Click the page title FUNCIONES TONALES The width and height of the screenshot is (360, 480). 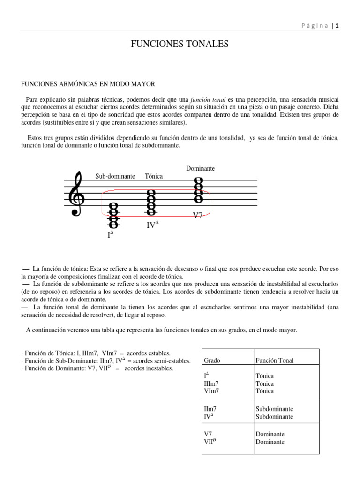(x=180, y=45)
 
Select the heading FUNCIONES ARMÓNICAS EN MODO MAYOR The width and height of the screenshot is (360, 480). (x=88, y=84)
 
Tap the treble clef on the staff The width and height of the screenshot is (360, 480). (x=77, y=194)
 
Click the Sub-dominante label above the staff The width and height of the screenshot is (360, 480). (x=115, y=176)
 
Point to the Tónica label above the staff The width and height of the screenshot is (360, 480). (x=154, y=176)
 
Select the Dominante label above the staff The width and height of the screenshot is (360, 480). (x=200, y=168)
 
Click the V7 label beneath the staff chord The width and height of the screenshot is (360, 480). (x=198, y=216)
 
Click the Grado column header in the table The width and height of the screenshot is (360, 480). (x=212, y=360)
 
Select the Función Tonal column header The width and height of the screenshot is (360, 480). (x=275, y=360)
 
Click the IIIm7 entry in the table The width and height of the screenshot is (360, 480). (x=211, y=383)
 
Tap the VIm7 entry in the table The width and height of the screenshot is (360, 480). (x=211, y=391)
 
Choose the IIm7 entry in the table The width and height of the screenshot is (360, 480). (x=210, y=409)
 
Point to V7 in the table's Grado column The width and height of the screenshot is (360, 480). (x=208, y=434)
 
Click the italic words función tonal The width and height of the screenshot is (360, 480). (x=208, y=100)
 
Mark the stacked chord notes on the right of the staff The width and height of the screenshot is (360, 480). (x=198, y=189)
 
